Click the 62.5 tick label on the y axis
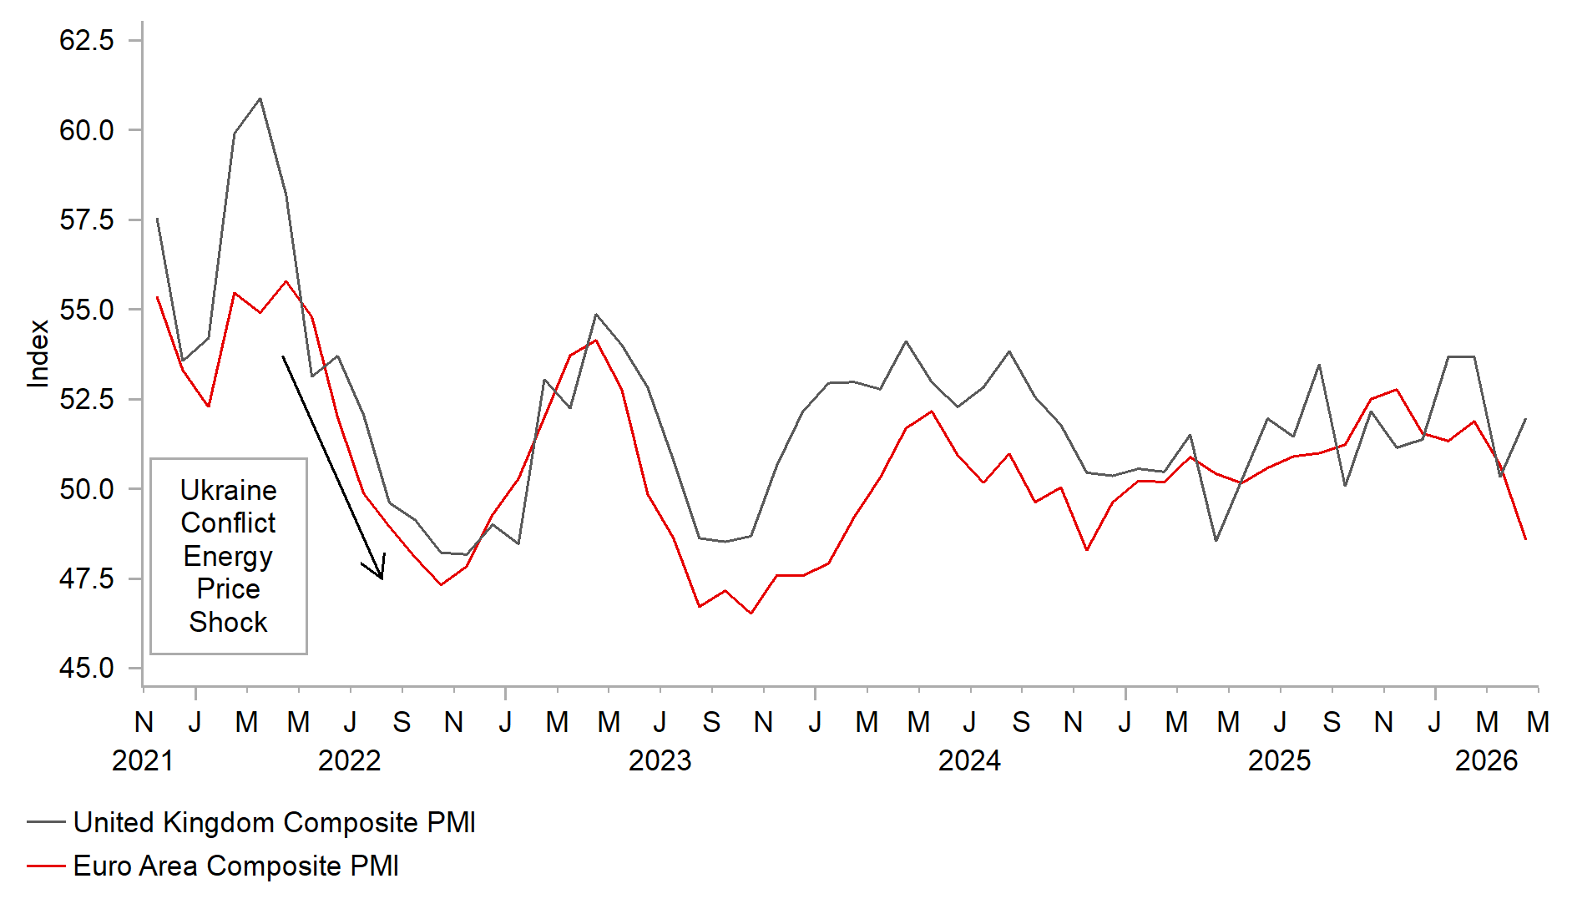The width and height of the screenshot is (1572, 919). coord(86,40)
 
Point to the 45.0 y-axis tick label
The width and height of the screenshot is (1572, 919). coord(86,668)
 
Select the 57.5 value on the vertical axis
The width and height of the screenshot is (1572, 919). coord(86,220)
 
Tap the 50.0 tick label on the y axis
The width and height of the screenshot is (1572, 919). coord(86,488)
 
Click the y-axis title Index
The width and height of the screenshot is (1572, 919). coord(38,354)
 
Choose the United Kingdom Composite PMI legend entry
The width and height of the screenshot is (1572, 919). coord(274,822)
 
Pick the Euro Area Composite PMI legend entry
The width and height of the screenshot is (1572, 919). coord(235,866)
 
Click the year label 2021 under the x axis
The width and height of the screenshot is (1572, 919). coord(143,760)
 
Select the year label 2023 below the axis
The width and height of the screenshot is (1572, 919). coord(660,760)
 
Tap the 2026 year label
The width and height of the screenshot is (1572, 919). coord(1486,760)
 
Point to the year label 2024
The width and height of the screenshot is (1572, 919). coord(969,760)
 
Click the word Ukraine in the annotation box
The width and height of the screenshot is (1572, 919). coord(228,490)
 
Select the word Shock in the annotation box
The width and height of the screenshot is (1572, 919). coord(228,622)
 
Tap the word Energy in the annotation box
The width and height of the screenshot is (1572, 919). coord(228,556)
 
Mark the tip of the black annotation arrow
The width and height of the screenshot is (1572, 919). coord(382,578)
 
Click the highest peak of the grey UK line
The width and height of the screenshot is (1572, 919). coord(260,98)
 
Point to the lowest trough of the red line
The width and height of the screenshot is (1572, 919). coord(751,614)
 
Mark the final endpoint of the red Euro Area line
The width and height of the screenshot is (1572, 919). coord(1525,539)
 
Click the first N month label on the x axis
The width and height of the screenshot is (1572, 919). coord(144,722)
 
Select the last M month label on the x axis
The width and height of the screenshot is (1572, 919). coord(1538,722)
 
